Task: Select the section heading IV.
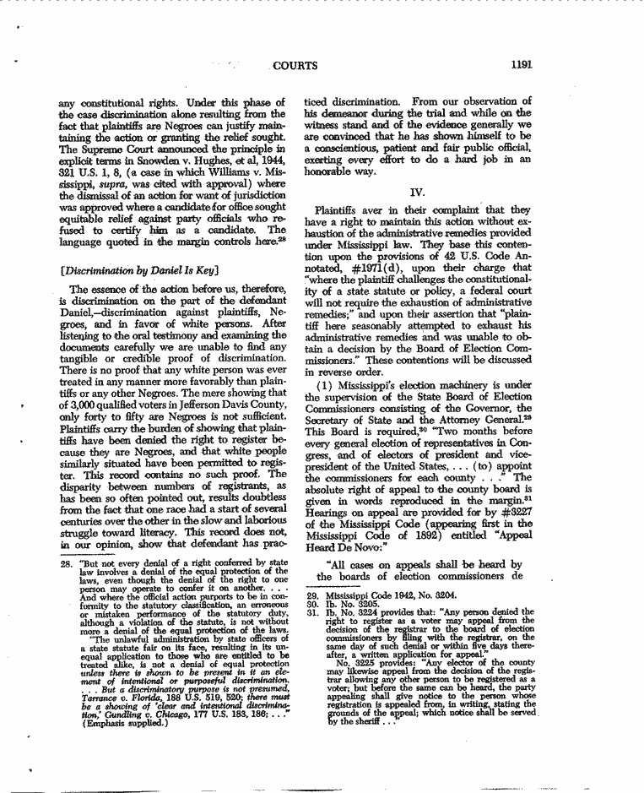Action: [x=417, y=192]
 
